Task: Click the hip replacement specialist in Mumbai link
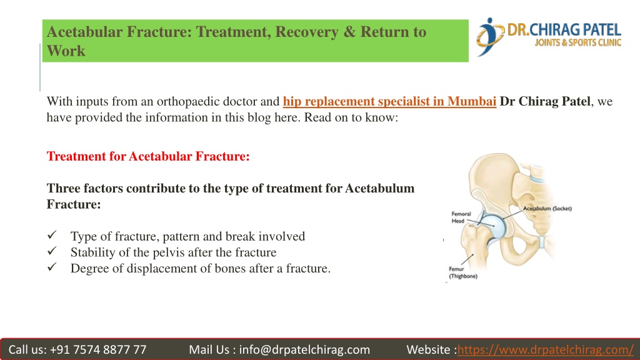(x=389, y=101)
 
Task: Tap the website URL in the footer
(x=545, y=350)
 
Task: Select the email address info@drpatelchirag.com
(x=304, y=350)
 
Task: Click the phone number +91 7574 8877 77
(x=98, y=350)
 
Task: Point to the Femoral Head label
(x=461, y=217)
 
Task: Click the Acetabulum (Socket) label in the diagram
(x=547, y=209)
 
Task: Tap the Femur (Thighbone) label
(x=463, y=272)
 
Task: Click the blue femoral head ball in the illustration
(x=493, y=226)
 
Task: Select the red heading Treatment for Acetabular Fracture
(x=148, y=156)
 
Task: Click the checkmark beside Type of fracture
(x=52, y=235)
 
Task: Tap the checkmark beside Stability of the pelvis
(x=52, y=251)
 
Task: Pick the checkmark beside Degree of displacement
(x=52, y=267)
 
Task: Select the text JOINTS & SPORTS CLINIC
(x=578, y=42)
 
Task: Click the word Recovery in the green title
(x=307, y=32)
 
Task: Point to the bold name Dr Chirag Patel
(x=545, y=101)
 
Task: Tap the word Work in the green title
(x=66, y=51)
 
